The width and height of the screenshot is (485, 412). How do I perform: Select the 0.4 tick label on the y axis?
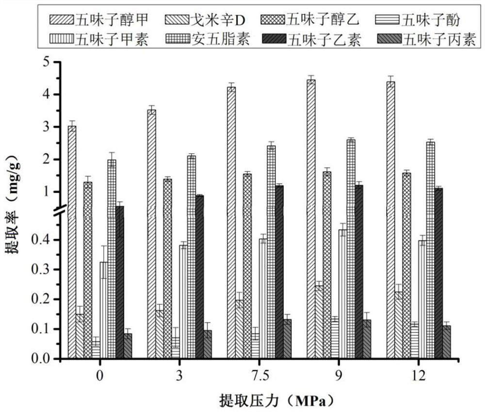(42, 240)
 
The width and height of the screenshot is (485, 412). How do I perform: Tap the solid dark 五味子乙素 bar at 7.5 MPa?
(279, 272)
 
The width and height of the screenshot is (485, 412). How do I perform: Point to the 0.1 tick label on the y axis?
(42, 329)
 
